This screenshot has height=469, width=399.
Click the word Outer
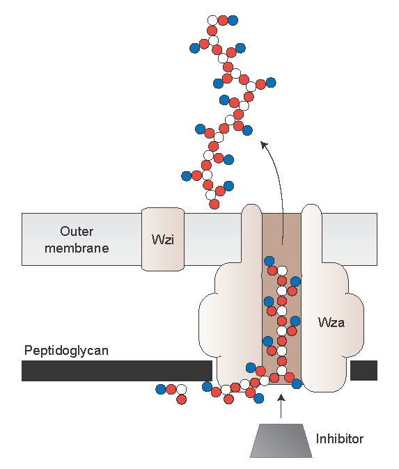pyautogui.click(x=77, y=231)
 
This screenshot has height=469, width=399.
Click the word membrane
pyautogui.click(x=77, y=248)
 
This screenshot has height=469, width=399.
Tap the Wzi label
pyautogui.click(x=163, y=239)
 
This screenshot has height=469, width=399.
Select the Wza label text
pyautogui.click(x=331, y=322)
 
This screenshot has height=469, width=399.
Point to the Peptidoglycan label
pyautogui.click(x=66, y=351)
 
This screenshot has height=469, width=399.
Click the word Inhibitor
pyautogui.click(x=340, y=439)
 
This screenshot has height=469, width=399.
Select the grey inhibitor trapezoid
pyautogui.click(x=281, y=440)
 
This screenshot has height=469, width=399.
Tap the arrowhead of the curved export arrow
pyautogui.click(x=264, y=145)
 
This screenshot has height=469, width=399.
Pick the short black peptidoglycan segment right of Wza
pyautogui.click(x=363, y=370)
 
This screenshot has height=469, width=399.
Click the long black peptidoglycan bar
pyautogui.click(x=117, y=371)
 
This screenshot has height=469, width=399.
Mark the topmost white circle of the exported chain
pyautogui.click(x=212, y=20)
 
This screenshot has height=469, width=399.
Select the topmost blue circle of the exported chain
pyautogui.click(x=233, y=20)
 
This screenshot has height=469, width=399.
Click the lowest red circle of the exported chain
pyautogui.click(x=214, y=205)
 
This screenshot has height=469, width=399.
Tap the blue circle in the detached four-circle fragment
pyautogui.click(x=161, y=389)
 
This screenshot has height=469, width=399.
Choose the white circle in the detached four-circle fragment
pyautogui.click(x=181, y=389)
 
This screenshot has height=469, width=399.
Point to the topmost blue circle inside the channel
pyautogui.click(x=269, y=261)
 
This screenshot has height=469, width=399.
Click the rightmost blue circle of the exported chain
pyautogui.click(x=271, y=82)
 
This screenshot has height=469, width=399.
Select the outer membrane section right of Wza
pyautogui.click(x=350, y=239)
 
